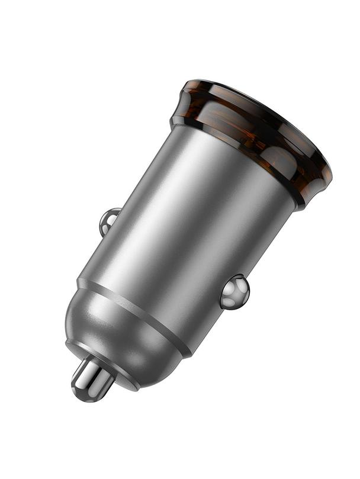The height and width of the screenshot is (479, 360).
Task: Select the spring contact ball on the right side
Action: tap(235, 292)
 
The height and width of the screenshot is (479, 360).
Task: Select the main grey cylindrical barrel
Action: tap(189, 225)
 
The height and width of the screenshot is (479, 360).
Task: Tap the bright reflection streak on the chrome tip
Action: tap(89, 373)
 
